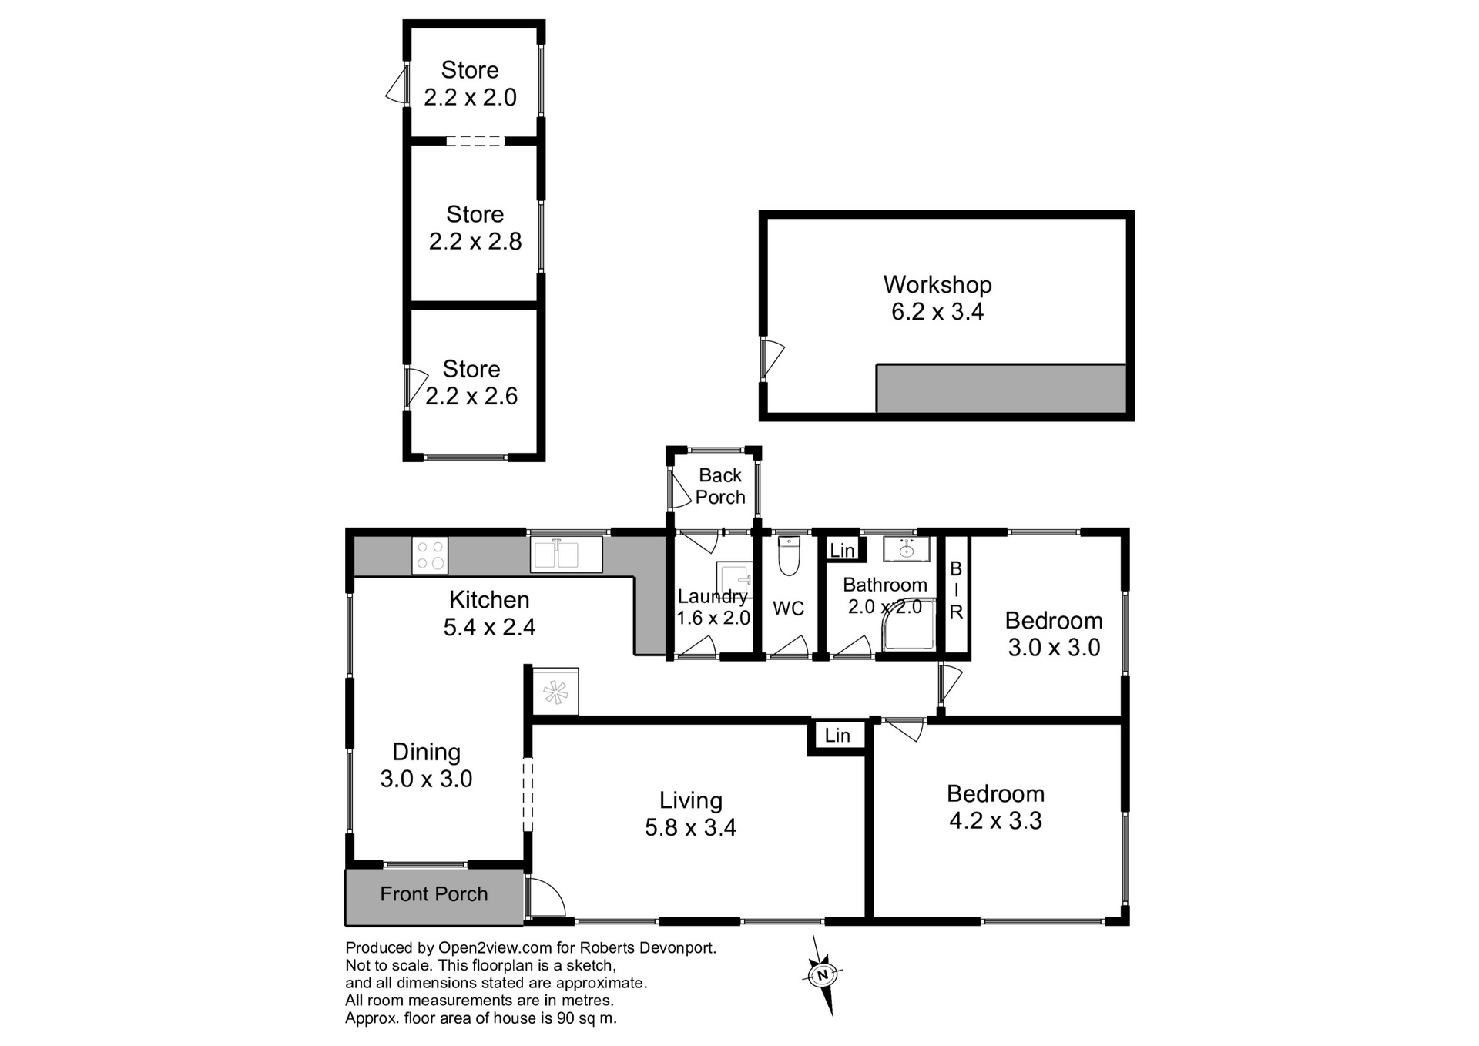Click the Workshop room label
click(x=937, y=285)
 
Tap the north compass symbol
click(x=823, y=975)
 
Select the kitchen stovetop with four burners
click(x=430, y=555)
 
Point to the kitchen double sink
click(x=566, y=555)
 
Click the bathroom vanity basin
click(x=907, y=549)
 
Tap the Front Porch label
click(x=434, y=894)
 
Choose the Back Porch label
click(x=720, y=487)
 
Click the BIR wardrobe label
click(x=956, y=591)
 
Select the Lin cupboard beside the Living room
click(x=837, y=736)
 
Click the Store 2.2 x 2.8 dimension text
click(x=475, y=242)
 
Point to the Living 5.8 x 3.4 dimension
click(x=690, y=828)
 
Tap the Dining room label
click(x=426, y=753)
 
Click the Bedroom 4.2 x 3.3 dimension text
click(x=995, y=821)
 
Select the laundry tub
click(x=734, y=581)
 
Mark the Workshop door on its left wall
click(x=772, y=359)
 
